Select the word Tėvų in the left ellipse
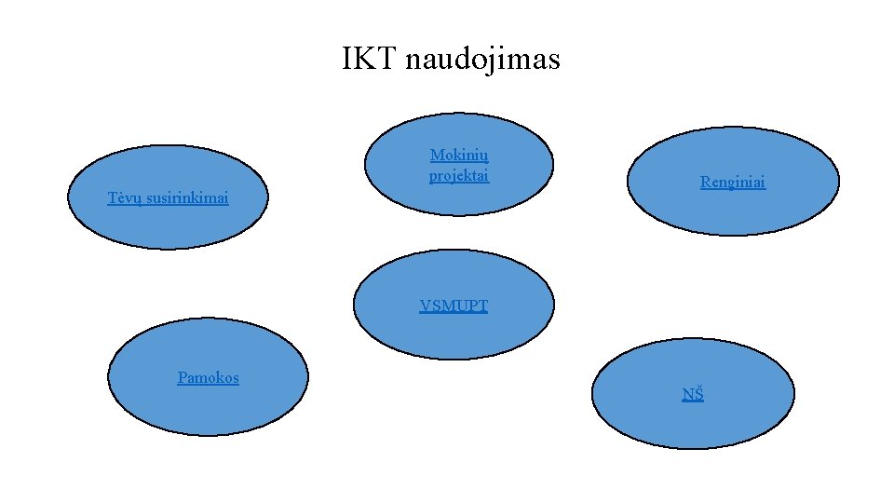pos(123,197)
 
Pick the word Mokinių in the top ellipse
pos(459,156)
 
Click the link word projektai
pos(459,175)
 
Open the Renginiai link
pos(733,183)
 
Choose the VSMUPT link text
pos(454,306)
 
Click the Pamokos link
pos(209,377)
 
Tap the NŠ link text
pos(693,394)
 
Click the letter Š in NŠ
pos(698,394)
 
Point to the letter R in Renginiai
pos(705,183)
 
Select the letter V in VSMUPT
pos(425,306)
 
